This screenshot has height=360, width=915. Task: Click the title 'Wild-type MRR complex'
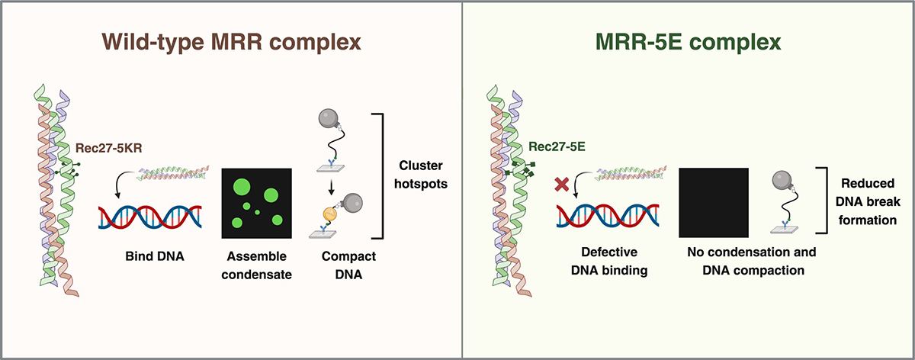tap(231, 42)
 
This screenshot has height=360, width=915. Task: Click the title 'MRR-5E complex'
tap(688, 42)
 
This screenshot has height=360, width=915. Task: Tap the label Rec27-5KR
tap(108, 148)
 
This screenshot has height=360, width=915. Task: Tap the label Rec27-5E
tap(557, 146)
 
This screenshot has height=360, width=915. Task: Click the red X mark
tap(562, 185)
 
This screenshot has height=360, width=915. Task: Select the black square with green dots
tap(256, 203)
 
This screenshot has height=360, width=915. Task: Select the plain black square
tap(714, 203)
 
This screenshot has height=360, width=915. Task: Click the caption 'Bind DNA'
tap(154, 256)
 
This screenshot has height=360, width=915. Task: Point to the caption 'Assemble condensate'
tap(256, 265)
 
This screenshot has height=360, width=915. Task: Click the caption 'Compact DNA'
tap(348, 265)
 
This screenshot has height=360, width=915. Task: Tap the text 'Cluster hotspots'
tap(421, 175)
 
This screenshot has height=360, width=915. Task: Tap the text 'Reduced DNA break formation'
tap(868, 201)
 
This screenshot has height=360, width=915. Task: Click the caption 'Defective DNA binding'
tap(609, 261)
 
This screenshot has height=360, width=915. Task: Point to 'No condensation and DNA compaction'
tap(752, 261)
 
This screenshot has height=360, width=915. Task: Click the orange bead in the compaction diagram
tap(330, 214)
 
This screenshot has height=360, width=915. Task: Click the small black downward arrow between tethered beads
tap(331, 188)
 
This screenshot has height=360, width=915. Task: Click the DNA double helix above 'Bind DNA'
tap(150, 217)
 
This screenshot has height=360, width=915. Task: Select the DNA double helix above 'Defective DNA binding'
tap(608, 215)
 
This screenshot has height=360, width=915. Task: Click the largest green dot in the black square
tap(242, 187)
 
